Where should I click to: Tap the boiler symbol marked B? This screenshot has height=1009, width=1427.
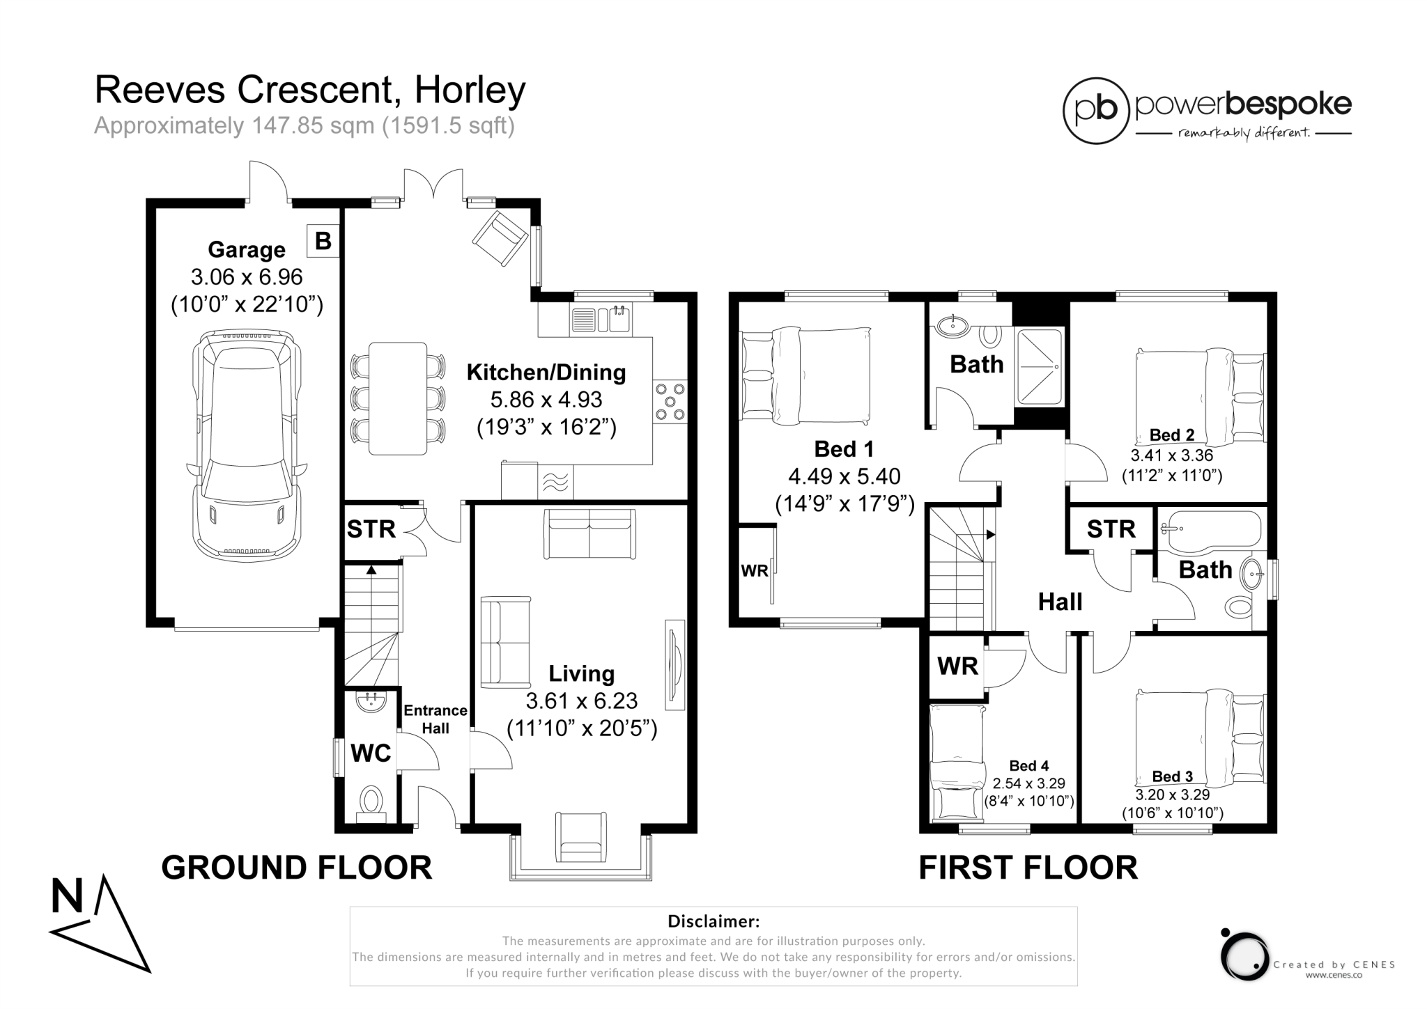coord(323,241)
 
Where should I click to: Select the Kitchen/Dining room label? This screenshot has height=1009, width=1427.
coord(546,373)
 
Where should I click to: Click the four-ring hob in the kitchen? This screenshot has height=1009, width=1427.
coord(670,401)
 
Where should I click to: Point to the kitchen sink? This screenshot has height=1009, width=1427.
coord(601,320)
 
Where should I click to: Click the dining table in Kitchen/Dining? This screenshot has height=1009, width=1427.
coord(398,398)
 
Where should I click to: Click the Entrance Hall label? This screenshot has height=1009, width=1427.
coord(435,719)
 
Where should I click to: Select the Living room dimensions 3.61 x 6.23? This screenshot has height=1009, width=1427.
coord(582,701)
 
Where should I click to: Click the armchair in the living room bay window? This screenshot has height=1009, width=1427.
coord(581,837)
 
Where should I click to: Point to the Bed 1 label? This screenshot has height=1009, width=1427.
coord(844,449)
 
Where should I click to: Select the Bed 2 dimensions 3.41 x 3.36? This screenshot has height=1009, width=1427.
coord(1172,455)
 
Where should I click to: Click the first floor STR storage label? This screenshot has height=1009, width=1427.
coord(1111,529)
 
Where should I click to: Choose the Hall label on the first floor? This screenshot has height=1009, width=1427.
coord(1060,602)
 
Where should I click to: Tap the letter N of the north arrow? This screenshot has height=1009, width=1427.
coord(67,896)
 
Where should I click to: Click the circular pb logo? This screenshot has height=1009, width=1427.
coord(1096,111)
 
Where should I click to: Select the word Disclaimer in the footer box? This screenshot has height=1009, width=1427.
coord(713,921)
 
